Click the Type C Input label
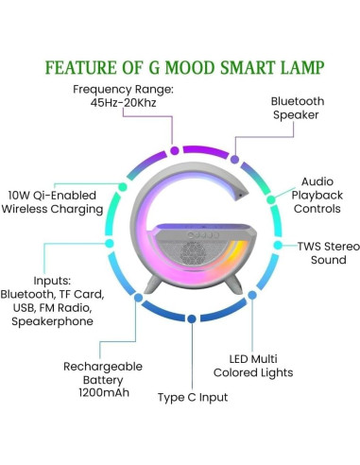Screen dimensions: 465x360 coord(193,397)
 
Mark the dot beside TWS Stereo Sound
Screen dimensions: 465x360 coord(277,245)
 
